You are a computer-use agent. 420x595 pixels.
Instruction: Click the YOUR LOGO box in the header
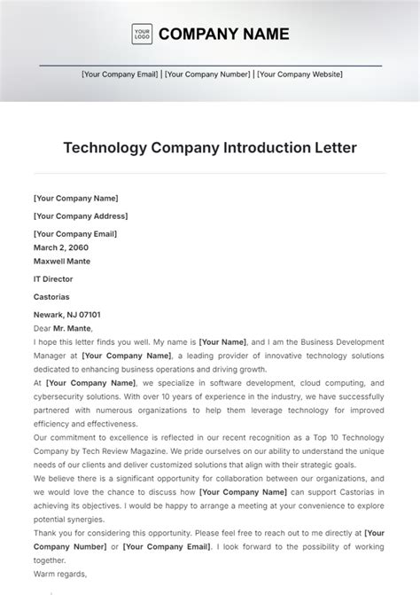pos(141,35)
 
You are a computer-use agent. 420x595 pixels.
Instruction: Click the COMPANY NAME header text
pos(223,35)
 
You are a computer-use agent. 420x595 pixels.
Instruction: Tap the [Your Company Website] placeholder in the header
pos(298,75)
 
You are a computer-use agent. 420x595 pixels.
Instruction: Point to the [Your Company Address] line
pos(81,215)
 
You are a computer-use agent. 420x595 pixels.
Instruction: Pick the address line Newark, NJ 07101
pos(66,315)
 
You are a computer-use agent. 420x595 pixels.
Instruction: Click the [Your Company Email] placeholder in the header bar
pos(121,75)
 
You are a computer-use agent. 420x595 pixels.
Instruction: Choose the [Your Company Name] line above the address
pos(75,199)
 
